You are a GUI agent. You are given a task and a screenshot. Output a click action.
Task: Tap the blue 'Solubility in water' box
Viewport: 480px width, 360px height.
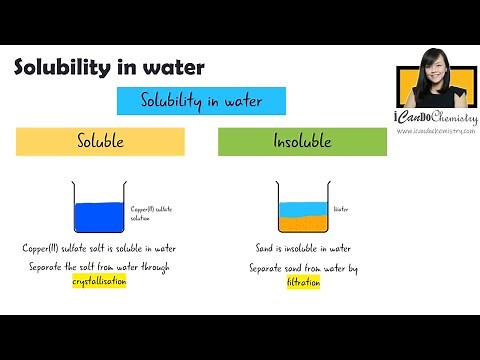[x=202, y=101]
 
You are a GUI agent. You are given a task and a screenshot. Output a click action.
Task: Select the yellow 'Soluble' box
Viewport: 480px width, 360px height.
[x=100, y=142]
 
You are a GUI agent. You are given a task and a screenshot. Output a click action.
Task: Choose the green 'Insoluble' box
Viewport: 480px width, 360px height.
[x=302, y=142]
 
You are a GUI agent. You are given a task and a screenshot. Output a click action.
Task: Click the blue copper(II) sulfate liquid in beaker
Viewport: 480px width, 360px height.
[x=100, y=217]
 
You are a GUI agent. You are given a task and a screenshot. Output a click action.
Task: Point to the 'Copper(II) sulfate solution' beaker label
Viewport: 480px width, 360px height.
[x=151, y=214]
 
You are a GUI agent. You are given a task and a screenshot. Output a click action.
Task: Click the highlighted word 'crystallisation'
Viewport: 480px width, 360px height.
[x=100, y=283]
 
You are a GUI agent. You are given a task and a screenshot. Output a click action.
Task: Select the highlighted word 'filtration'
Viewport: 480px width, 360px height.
[x=303, y=283]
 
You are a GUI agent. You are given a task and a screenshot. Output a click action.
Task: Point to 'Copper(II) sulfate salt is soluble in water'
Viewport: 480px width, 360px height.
[x=100, y=248]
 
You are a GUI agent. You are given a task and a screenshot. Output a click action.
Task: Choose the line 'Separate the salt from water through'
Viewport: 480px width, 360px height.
[x=100, y=269]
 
